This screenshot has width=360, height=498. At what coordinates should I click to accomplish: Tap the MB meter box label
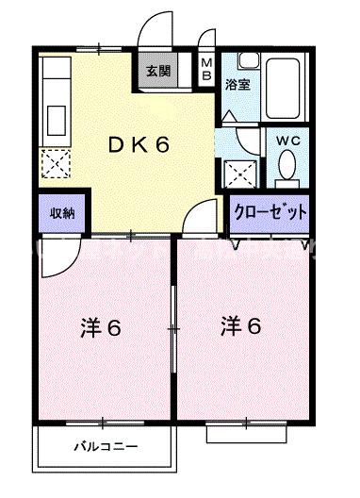(208, 70)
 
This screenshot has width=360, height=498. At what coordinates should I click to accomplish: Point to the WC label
(288, 140)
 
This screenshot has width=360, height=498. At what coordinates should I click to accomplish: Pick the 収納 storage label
(62, 213)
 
